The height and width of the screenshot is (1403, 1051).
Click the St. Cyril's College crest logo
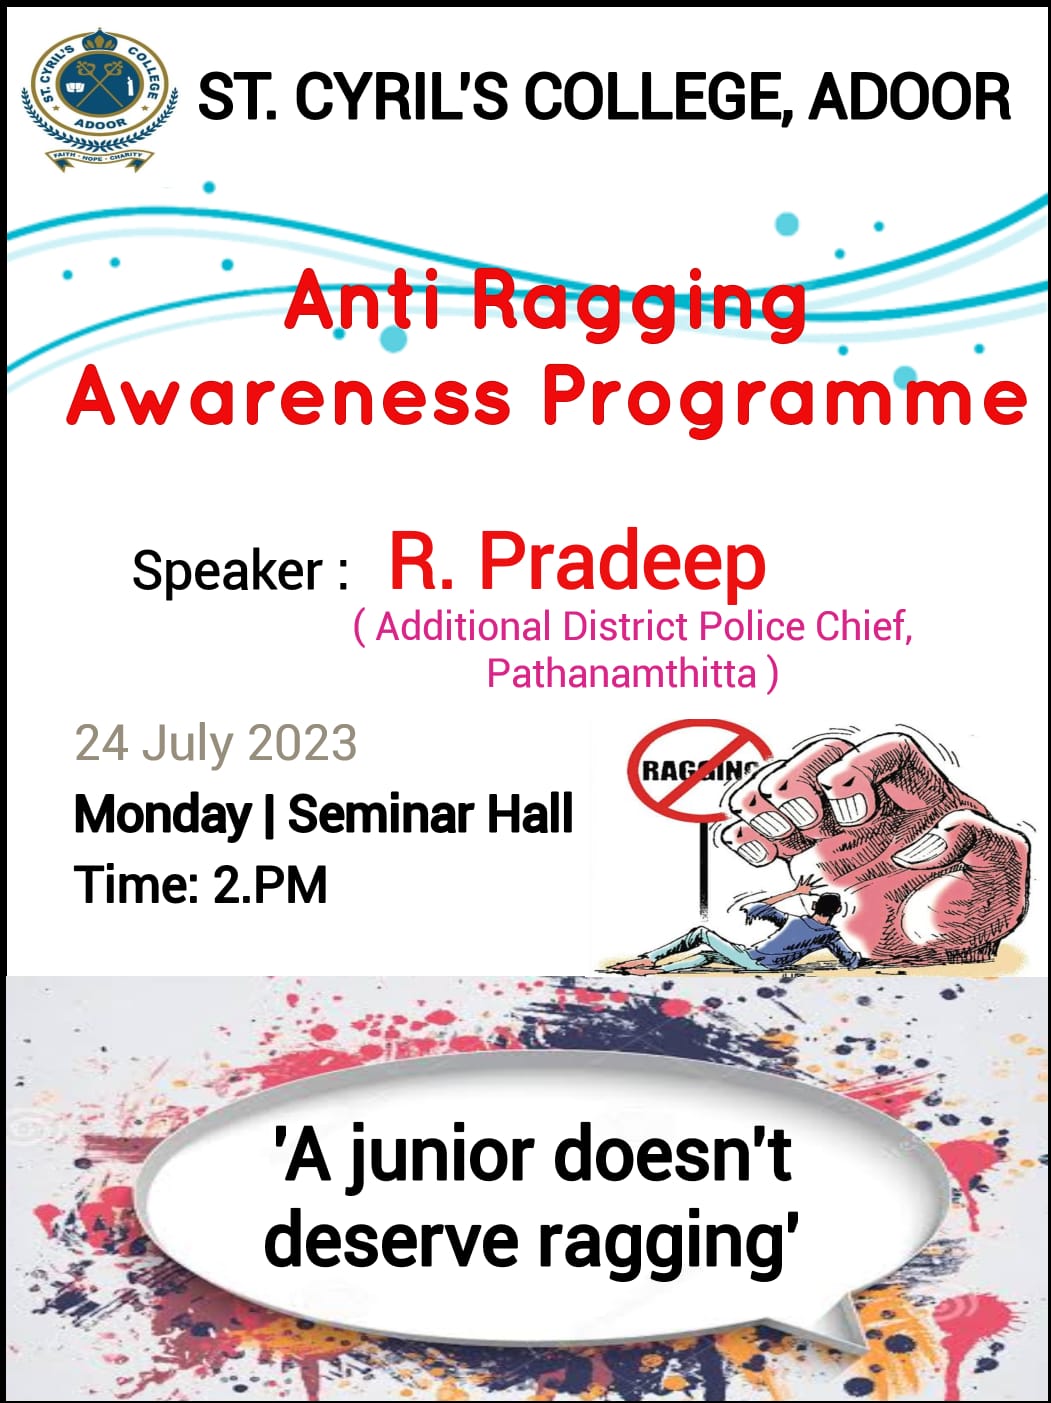click(x=98, y=98)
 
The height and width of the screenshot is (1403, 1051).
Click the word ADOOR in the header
click(x=909, y=98)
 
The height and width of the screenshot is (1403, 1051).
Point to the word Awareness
click(x=290, y=397)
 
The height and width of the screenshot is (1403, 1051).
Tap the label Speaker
click(x=227, y=571)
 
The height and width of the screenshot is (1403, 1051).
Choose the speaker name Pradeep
click(x=622, y=562)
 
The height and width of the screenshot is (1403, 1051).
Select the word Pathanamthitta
click(x=621, y=673)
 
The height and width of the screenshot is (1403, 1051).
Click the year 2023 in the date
click(x=302, y=744)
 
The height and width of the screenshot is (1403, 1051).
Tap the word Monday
click(x=162, y=814)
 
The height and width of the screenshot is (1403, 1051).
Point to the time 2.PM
click(x=270, y=885)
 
